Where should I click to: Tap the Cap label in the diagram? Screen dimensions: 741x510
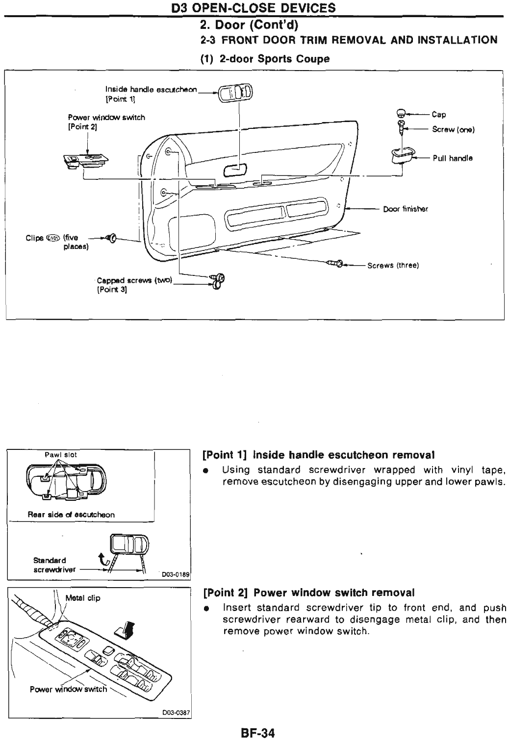438,115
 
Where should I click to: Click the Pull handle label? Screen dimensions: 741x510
453,158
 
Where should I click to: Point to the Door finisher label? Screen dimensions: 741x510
406,209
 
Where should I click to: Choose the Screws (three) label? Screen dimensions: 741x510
392,266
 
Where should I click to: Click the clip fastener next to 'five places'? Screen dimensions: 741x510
111,239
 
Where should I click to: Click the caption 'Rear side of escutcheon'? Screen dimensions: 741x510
71,515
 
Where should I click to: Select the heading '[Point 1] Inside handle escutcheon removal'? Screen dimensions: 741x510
319,455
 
